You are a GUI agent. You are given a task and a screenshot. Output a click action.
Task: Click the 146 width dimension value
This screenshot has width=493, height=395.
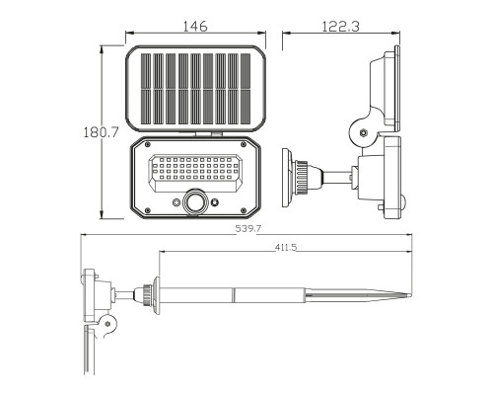tap(195, 28)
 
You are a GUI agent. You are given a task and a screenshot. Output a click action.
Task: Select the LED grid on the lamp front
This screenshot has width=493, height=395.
tap(195, 171)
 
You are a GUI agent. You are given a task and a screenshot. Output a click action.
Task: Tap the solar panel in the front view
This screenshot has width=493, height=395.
tap(195, 88)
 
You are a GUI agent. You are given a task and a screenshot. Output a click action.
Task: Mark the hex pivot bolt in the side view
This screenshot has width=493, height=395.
tap(362, 130)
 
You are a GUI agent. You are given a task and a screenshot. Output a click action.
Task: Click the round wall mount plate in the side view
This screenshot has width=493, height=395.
tap(289, 177)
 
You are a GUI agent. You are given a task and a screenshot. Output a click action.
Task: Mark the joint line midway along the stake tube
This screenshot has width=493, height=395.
tap(235, 294)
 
